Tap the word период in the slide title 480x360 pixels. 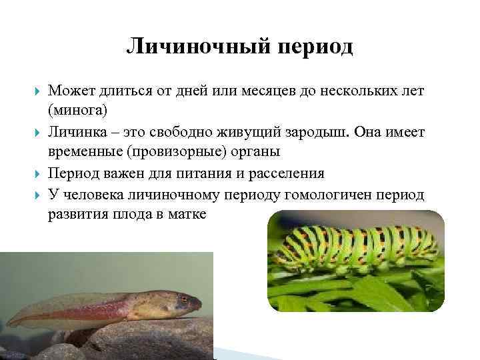[313, 47]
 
